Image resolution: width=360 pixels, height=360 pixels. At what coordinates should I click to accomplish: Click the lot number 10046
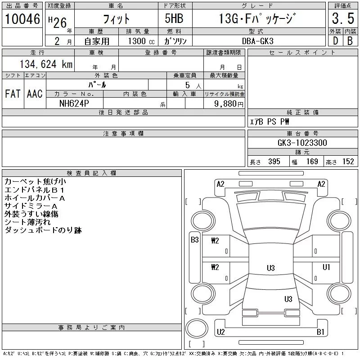coord(22,19)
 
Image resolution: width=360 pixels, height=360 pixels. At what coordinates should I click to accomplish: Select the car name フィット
coord(117,19)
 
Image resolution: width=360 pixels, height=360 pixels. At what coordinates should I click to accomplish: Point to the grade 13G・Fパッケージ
coord(258,19)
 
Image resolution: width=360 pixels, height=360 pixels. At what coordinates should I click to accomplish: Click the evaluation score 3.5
coord(343,19)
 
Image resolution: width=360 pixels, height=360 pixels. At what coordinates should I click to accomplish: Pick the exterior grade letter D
coord(335,40)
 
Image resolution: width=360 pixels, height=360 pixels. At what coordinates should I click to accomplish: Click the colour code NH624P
coord(75,103)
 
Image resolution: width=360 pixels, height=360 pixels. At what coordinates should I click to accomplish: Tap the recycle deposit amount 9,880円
coord(225,103)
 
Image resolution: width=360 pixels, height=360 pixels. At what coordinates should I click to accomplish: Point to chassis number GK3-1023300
coord(302,143)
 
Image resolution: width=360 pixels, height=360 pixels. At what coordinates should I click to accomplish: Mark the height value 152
coord(347,162)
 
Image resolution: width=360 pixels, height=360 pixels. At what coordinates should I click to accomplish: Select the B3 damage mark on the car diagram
coord(194,240)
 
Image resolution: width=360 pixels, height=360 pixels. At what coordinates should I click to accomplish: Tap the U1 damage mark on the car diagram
coord(326,267)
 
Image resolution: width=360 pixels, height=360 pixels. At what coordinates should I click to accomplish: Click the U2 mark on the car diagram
coord(220,332)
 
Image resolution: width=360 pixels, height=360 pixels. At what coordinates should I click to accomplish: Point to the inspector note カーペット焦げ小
coord(35,182)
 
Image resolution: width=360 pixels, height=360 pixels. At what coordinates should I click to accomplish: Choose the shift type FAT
coord(13,94)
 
